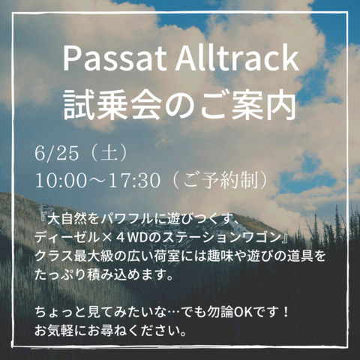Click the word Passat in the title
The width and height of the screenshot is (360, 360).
(115, 58)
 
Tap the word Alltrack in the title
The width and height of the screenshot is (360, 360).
(237, 58)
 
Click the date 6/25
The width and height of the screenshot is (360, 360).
(57, 153)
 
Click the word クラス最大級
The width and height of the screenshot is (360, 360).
(74, 256)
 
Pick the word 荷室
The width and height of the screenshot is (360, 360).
(166, 256)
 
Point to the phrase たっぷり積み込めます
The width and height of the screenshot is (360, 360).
(99, 274)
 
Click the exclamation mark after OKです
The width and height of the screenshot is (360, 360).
(286, 313)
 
